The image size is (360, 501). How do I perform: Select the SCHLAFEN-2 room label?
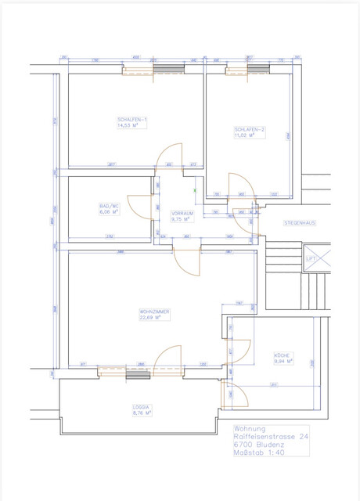[x=249, y=129]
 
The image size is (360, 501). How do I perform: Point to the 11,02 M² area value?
[x=245, y=135]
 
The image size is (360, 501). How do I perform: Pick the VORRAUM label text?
[x=182, y=214]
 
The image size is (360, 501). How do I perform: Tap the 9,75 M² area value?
[x=181, y=220]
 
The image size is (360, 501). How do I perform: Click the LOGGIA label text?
[x=142, y=407]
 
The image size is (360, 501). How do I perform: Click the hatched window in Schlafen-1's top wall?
[x=167, y=70]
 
